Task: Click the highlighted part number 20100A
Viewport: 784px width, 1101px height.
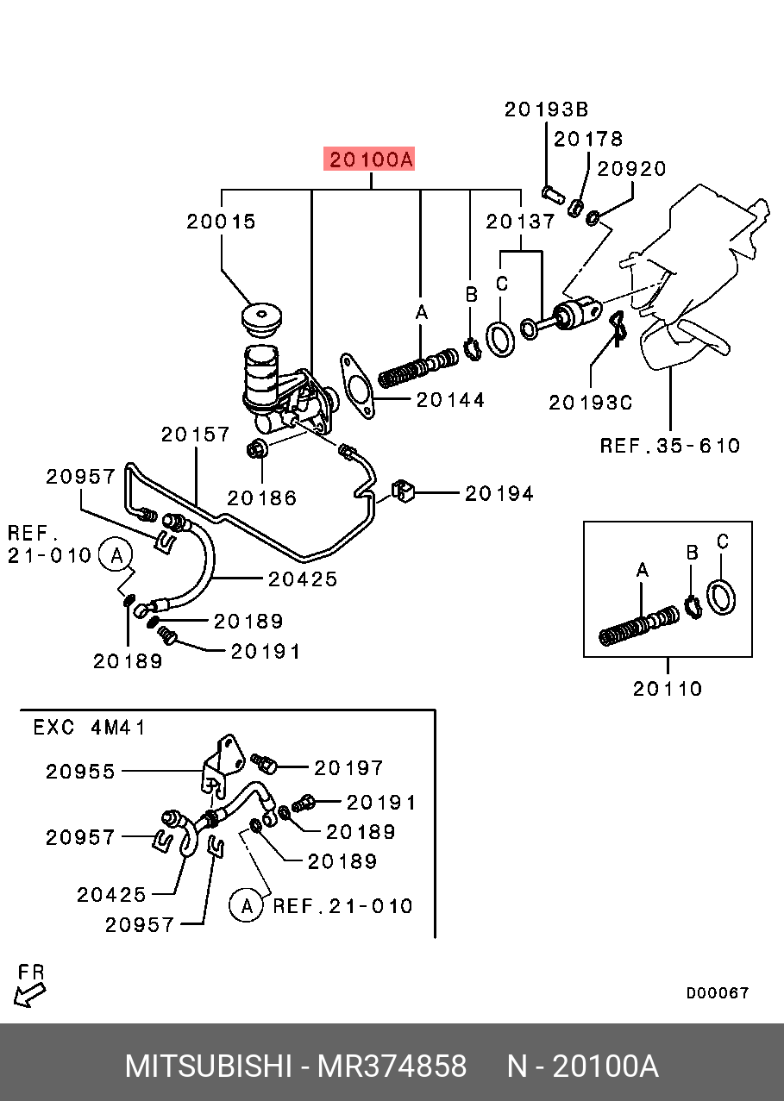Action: click(x=370, y=160)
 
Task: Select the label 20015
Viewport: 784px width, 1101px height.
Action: click(x=222, y=222)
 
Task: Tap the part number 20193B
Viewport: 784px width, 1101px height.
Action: click(x=546, y=109)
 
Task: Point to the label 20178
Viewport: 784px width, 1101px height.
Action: click(x=587, y=139)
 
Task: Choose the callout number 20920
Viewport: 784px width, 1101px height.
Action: click(x=632, y=168)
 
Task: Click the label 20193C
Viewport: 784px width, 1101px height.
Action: click(x=591, y=402)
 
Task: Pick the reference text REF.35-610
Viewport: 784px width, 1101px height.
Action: click(x=670, y=446)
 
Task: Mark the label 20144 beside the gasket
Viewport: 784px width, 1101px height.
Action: click(x=450, y=400)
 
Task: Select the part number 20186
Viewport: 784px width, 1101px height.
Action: click(x=262, y=497)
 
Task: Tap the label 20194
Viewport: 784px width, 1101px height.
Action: click(x=499, y=493)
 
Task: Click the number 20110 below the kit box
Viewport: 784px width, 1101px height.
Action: click(x=668, y=689)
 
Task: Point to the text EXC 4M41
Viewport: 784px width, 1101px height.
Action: click(x=90, y=727)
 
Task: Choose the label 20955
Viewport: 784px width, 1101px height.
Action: click(x=80, y=772)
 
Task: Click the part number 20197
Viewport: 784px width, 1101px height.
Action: click(x=348, y=767)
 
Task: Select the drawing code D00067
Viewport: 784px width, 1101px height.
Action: click(x=718, y=993)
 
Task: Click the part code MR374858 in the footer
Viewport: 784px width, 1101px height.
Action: click(x=392, y=1067)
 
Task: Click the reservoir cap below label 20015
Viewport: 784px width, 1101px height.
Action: click(x=261, y=320)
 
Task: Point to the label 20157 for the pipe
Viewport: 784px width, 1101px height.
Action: click(x=196, y=435)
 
